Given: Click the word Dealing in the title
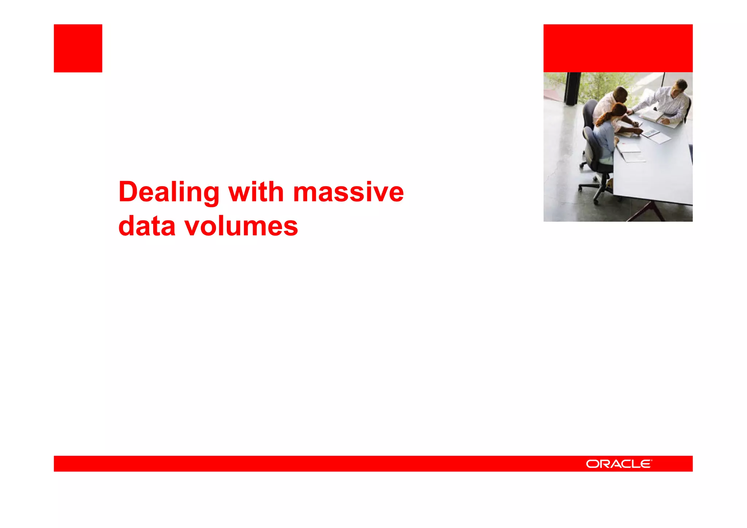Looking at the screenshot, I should [x=169, y=192].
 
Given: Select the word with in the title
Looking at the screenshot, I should [x=256, y=192].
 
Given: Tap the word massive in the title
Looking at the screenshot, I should [x=348, y=192].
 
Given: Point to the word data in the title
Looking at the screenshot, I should [x=147, y=226].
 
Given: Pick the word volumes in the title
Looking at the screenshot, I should [x=241, y=226].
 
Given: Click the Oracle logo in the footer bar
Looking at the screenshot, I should [x=619, y=464].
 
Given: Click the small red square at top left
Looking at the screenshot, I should [x=78, y=48].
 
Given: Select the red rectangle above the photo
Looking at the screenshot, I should [x=618, y=48].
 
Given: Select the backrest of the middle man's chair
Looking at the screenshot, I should [x=588, y=113].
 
